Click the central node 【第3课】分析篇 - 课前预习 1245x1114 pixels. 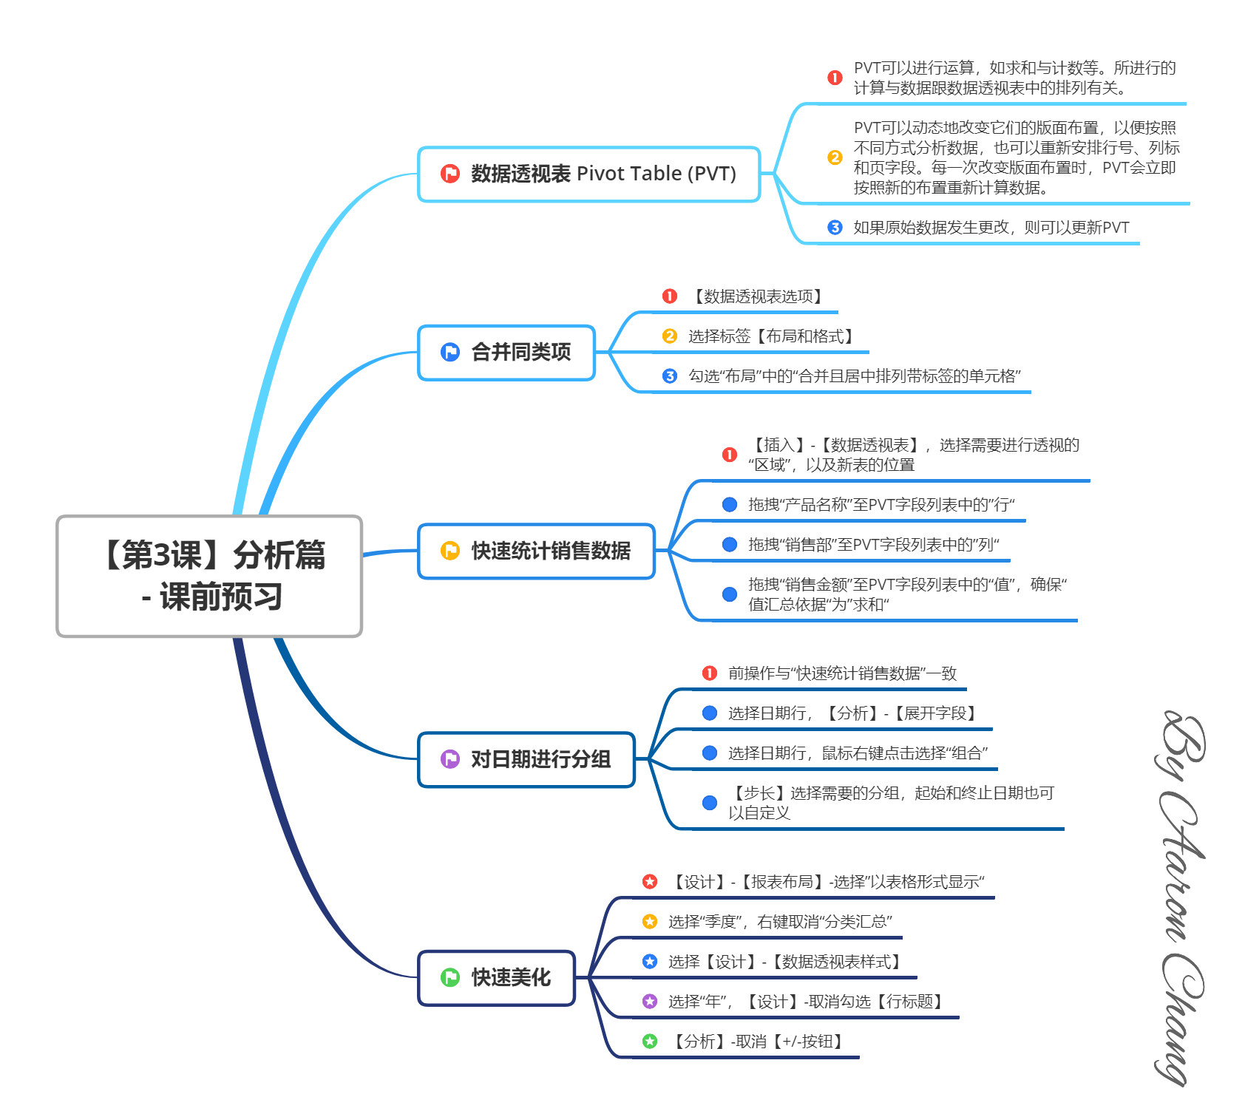point(209,576)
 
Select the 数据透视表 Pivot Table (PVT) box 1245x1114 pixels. point(588,174)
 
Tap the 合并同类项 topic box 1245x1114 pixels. point(506,353)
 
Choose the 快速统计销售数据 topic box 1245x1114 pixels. point(536,551)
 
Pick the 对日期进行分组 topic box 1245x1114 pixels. point(526,759)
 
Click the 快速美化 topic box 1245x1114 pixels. point(496,977)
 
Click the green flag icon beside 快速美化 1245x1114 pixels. point(450,977)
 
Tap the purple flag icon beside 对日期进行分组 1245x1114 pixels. point(450,759)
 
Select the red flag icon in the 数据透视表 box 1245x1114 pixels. point(450,174)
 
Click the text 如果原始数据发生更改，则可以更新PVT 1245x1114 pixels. point(991,228)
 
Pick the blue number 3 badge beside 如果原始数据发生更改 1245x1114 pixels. point(835,228)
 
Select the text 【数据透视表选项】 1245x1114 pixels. point(758,296)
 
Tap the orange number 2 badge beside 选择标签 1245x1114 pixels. point(670,336)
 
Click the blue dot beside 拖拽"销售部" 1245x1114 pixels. point(730,545)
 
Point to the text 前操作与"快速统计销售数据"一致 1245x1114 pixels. point(842,673)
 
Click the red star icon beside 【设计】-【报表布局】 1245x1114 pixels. point(650,881)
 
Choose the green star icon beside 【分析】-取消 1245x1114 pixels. point(650,1042)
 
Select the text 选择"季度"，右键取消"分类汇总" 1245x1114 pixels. point(780,922)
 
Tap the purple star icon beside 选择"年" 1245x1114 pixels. point(650,1002)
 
